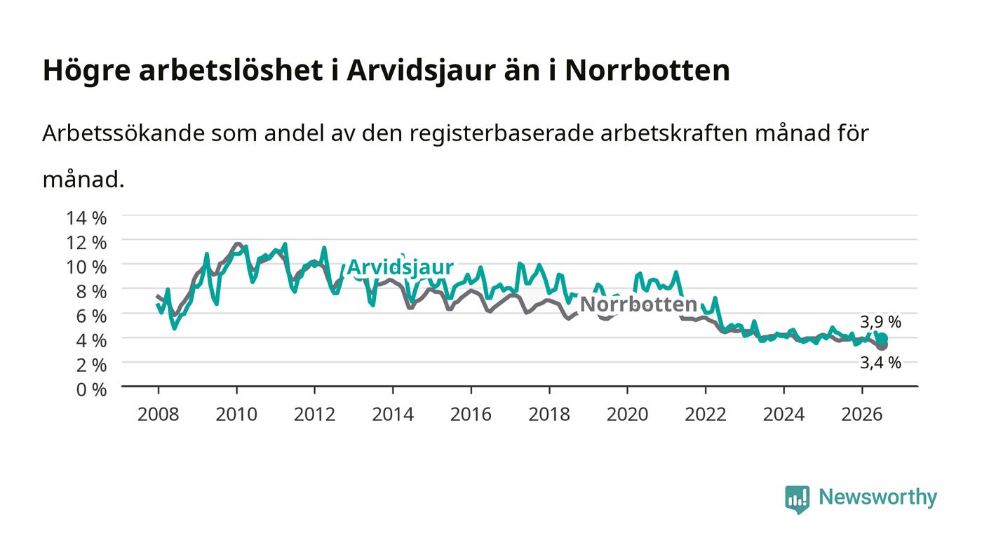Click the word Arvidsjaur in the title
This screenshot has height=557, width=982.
[x=421, y=71]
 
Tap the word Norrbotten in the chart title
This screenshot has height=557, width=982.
[x=647, y=70]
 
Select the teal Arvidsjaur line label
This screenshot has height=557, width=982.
[x=400, y=267]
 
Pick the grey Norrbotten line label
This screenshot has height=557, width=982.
[x=638, y=304]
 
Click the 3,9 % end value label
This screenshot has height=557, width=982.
[x=880, y=323]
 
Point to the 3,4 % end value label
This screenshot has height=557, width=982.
[x=880, y=363]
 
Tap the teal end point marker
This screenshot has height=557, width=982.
[x=882, y=339]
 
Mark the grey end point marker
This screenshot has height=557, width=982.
[x=882, y=345]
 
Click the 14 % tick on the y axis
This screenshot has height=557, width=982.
[x=86, y=218]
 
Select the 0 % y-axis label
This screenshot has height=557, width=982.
[x=91, y=389]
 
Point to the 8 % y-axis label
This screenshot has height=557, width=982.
[x=91, y=292]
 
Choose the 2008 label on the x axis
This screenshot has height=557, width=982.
[x=159, y=415]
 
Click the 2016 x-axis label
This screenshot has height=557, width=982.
[x=471, y=415]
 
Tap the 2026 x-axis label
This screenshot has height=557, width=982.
[x=862, y=415]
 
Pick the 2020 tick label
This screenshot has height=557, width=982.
[x=627, y=415]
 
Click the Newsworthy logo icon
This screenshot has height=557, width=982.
[x=797, y=499]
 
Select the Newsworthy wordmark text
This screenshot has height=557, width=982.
[x=877, y=497]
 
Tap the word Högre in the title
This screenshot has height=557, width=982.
[x=86, y=71]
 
